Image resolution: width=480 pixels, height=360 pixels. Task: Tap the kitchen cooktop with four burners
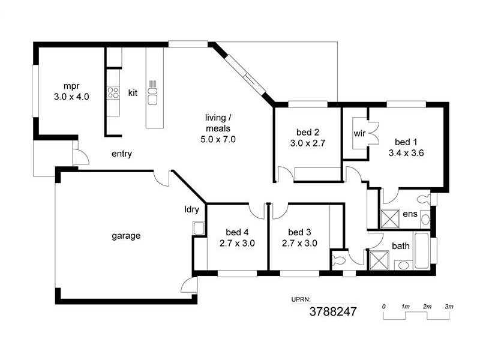coord(113,92)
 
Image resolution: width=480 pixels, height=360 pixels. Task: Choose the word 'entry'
coord(122,154)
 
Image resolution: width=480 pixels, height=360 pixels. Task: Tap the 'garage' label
coord(126,236)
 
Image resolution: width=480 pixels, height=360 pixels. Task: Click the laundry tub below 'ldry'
coord(198,228)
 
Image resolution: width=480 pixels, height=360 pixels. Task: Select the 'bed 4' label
coord(236,232)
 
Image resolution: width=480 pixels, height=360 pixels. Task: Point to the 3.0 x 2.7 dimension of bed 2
coord(307,143)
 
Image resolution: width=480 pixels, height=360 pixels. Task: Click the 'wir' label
coord(360,133)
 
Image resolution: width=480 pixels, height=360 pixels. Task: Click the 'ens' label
coord(410,214)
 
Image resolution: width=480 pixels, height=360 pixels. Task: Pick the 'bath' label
coord(401,246)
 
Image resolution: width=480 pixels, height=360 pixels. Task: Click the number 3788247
coord(333,312)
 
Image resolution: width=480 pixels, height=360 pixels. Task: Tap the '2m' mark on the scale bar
coord(427,307)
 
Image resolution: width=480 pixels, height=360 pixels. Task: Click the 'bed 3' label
coord(299,232)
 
